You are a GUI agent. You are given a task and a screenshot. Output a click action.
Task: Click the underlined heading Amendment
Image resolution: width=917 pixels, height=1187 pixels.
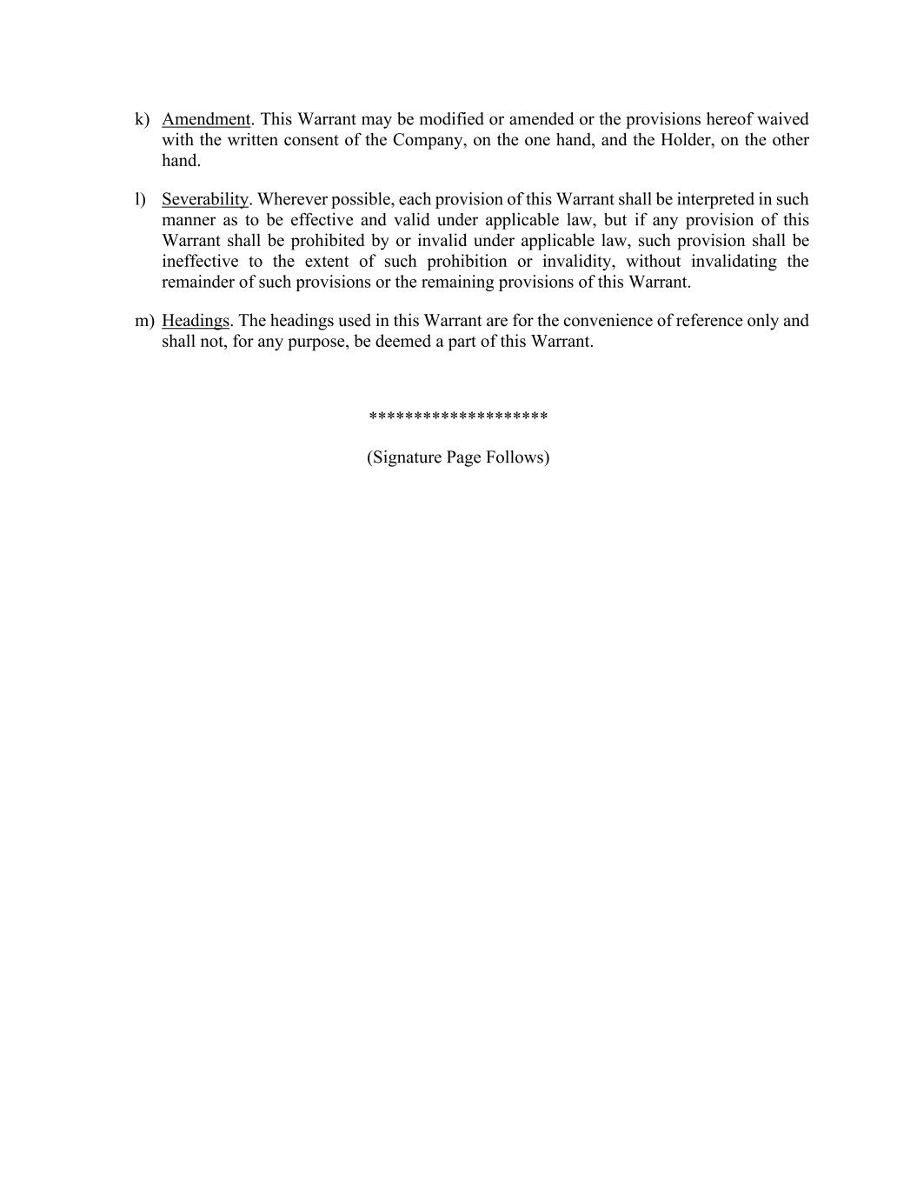tap(206, 119)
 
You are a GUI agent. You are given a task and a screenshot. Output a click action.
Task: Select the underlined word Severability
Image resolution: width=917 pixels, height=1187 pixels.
tap(205, 199)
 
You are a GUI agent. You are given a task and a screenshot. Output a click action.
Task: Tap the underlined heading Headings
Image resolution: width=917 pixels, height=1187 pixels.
tap(196, 321)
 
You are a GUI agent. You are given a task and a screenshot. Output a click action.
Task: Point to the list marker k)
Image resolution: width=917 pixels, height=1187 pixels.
tap(142, 119)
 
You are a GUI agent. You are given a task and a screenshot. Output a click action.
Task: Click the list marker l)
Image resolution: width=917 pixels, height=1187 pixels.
tap(140, 199)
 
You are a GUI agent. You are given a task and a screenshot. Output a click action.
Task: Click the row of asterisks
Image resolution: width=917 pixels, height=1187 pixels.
tap(458, 417)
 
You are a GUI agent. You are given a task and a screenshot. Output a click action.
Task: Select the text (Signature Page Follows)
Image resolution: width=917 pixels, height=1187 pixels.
tap(458, 457)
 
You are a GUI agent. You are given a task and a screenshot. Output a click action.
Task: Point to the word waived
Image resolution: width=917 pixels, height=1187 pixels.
tap(782, 119)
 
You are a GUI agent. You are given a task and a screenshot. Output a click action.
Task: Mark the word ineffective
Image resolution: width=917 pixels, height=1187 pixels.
tap(200, 262)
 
